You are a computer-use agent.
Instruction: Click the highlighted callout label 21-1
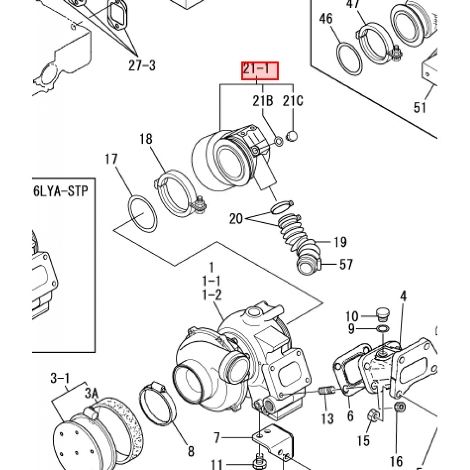pyautogui.click(x=260, y=72)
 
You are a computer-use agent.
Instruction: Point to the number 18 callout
pyautogui.click(x=146, y=139)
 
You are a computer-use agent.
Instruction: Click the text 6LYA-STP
pyautogui.click(x=60, y=191)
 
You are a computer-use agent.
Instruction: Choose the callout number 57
pyautogui.click(x=346, y=264)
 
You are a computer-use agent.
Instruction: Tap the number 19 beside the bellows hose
pyautogui.click(x=340, y=242)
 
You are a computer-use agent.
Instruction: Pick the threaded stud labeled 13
pyautogui.click(x=326, y=392)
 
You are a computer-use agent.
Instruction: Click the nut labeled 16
pyautogui.click(x=399, y=407)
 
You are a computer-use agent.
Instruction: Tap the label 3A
pyautogui.click(x=91, y=394)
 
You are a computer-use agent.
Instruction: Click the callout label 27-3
pyautogui.click(x=142, y=65)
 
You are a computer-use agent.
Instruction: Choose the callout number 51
pyautogui.click(x=420, y=107)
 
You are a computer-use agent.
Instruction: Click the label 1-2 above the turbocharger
pyautogui.click(x=212, y=295)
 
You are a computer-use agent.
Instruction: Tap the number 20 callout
pyautogui.click(x=236, y=218)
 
